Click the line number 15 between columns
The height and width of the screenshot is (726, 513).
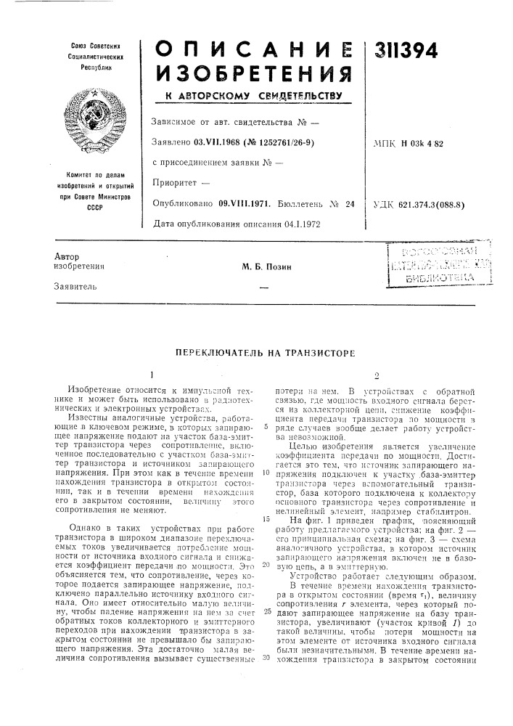(x=267, y=499)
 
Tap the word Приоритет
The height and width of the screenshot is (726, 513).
(x=178, y=184)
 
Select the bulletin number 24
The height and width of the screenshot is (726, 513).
(x=348, y=204)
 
